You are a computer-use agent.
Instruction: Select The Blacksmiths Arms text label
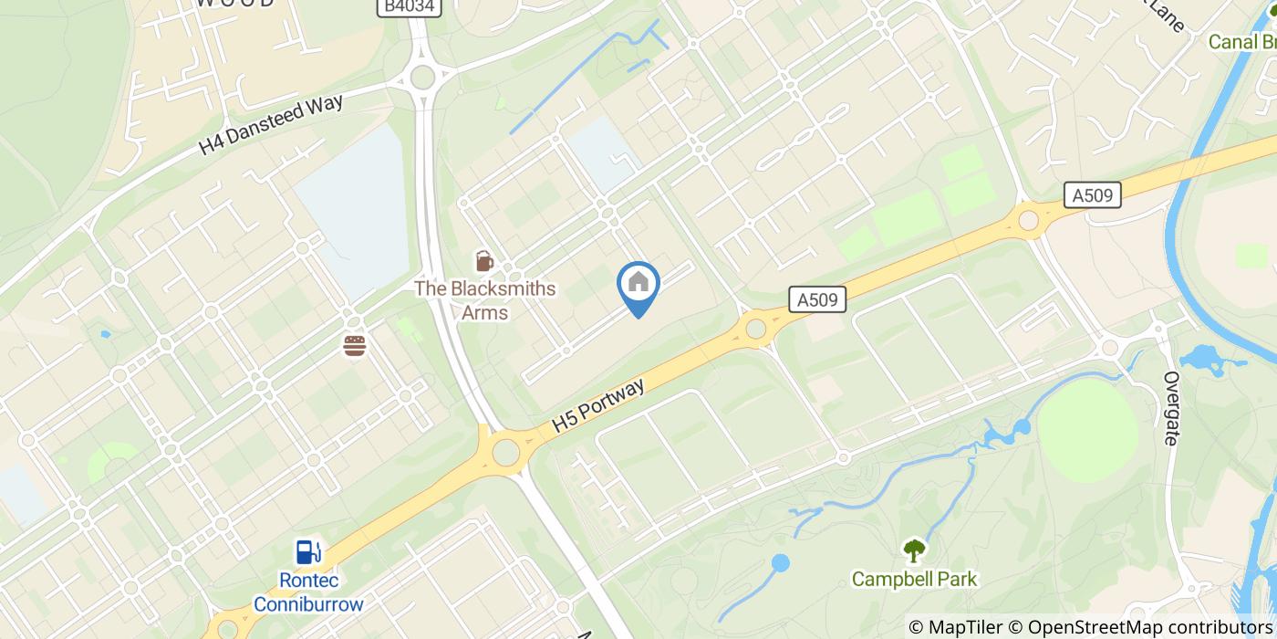click(x=484, y=300)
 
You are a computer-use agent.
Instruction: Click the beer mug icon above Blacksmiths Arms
click(x=484, y=262)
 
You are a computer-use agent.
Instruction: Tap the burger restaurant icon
click(x=355, y=346)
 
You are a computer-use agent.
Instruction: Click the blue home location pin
click(x=638, y=286)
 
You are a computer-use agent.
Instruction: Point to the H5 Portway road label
click(x=598, y=405)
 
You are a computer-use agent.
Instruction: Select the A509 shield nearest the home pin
click(x=816, y=299)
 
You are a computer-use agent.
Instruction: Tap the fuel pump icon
click(x=308, y=551)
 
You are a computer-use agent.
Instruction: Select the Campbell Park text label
click(x=914, y=579)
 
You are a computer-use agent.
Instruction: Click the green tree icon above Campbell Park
click(x=914, y=550)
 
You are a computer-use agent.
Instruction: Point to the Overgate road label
click(x=1172, y=408)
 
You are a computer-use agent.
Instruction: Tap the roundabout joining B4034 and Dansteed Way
click(x=422, y=77)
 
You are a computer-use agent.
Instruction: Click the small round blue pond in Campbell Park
click(x=780, y=563)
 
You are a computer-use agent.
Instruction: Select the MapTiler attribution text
click(x=954, y=627)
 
